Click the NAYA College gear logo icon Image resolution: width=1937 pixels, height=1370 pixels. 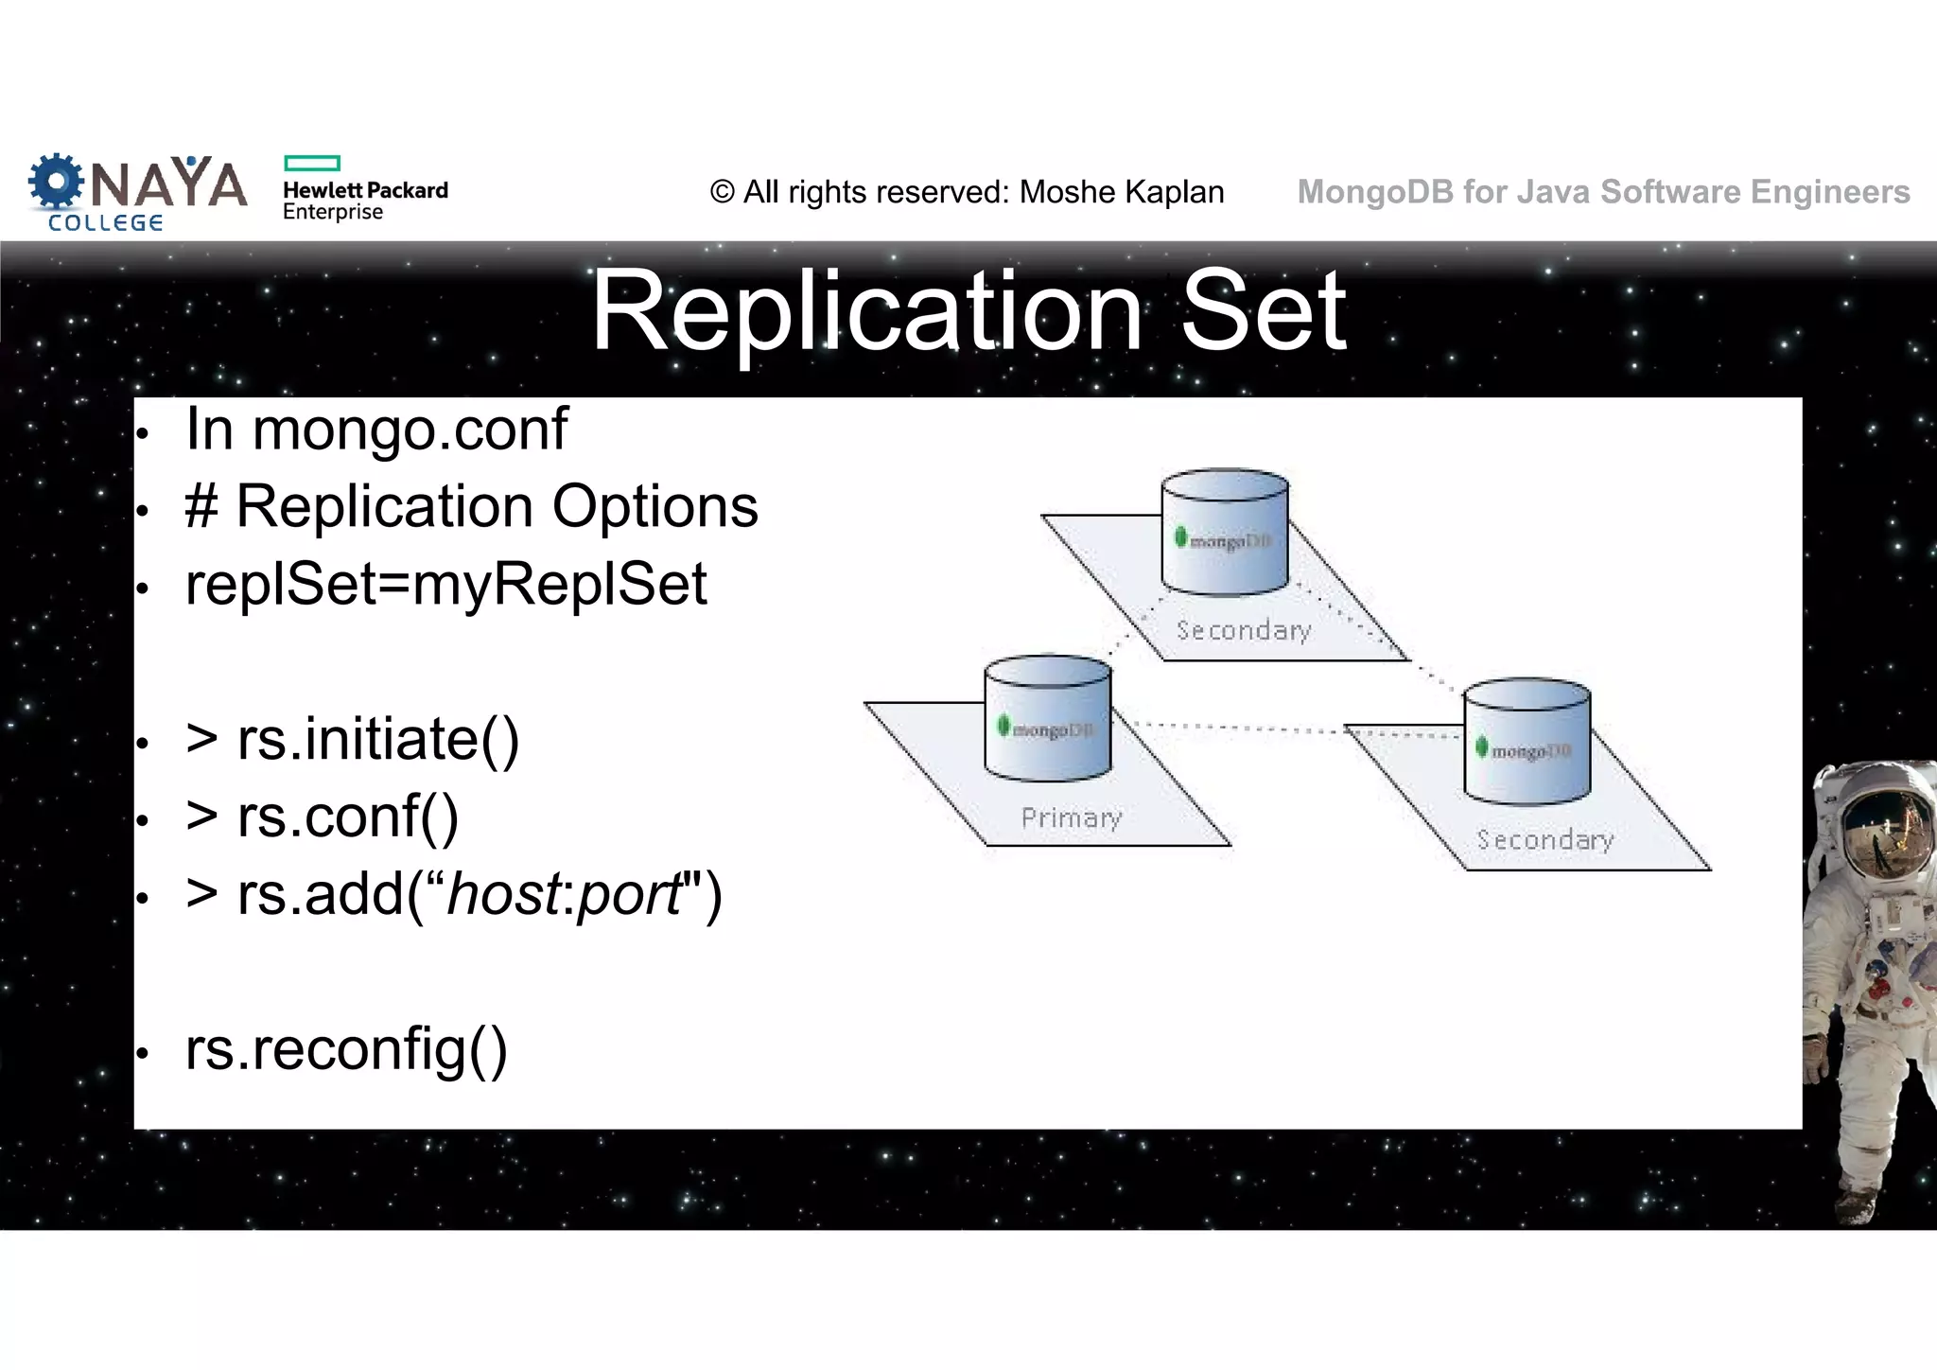pos(56,182)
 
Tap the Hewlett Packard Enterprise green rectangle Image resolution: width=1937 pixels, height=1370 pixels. pos(311,163)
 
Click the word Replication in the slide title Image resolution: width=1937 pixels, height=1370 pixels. pos(865,311)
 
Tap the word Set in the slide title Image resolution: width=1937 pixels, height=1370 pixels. pos(1264,311)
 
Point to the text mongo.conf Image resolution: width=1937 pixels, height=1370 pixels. pos(410,430)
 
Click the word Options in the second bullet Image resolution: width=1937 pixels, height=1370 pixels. pos(654,507)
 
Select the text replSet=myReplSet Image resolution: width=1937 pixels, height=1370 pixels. pos(445,584)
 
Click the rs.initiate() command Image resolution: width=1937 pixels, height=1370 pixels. pos(377,739)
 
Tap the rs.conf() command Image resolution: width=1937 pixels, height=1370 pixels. pos(347,817)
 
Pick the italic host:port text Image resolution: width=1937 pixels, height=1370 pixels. pos(566,894)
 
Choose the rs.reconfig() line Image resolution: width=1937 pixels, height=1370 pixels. pos(346,1049)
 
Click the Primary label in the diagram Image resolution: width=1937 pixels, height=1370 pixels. pos(1072,817)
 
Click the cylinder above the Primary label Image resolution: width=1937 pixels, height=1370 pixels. pos(1048,719)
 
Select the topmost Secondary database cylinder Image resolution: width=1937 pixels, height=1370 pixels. pos(1225,532)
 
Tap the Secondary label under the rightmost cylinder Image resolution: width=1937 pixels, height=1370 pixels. pos(1544,840)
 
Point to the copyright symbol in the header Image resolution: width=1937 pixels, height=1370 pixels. pos(723,192)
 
